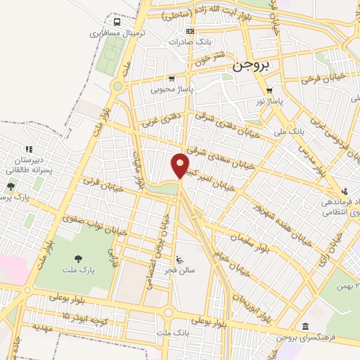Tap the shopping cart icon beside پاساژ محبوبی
172,79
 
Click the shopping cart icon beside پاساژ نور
270,90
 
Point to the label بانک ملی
289,129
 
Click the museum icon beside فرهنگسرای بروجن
304,326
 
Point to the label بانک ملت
172,332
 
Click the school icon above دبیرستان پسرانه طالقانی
29,149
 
